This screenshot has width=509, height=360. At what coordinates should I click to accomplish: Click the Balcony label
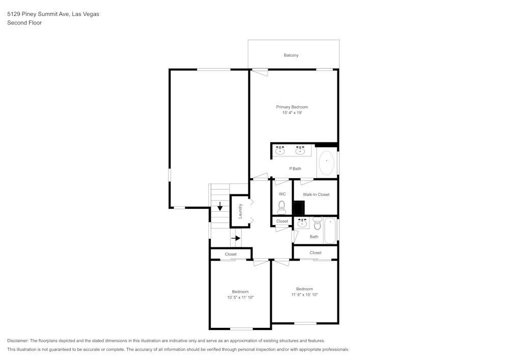pos(291,55)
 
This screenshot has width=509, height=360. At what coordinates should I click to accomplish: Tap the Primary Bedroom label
pos(292,107)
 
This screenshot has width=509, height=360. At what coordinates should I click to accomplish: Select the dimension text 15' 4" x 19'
pos(292,113)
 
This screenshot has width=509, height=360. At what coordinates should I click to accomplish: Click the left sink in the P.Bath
pos(280,150)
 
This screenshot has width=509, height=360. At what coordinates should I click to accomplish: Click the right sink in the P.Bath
pos(300,150)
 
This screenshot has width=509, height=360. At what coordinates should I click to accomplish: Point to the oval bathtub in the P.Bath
pos(326,162)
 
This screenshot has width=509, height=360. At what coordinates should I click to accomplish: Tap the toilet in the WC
pos(282,207)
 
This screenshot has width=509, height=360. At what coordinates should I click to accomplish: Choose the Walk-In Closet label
pos(316,195)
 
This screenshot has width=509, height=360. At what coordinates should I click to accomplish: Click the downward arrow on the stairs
pos(220,206)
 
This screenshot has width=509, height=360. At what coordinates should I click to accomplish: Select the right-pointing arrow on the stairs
pos(236,238)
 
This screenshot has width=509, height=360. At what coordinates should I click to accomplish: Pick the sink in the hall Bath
pos(302,223)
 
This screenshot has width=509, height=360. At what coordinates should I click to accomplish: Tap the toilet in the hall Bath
pos(317,223)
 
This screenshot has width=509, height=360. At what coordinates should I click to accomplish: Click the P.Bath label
pos(295,169)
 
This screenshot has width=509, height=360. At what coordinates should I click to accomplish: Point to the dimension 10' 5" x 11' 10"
pos(241,297)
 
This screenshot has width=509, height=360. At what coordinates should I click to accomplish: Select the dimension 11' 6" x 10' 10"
pos(304,295)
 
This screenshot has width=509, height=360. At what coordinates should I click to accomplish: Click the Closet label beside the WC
pos(282,221)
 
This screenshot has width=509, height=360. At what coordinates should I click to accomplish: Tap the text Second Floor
pos(24,23)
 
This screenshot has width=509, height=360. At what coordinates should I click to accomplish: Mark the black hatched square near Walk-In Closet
pos(299,207)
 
